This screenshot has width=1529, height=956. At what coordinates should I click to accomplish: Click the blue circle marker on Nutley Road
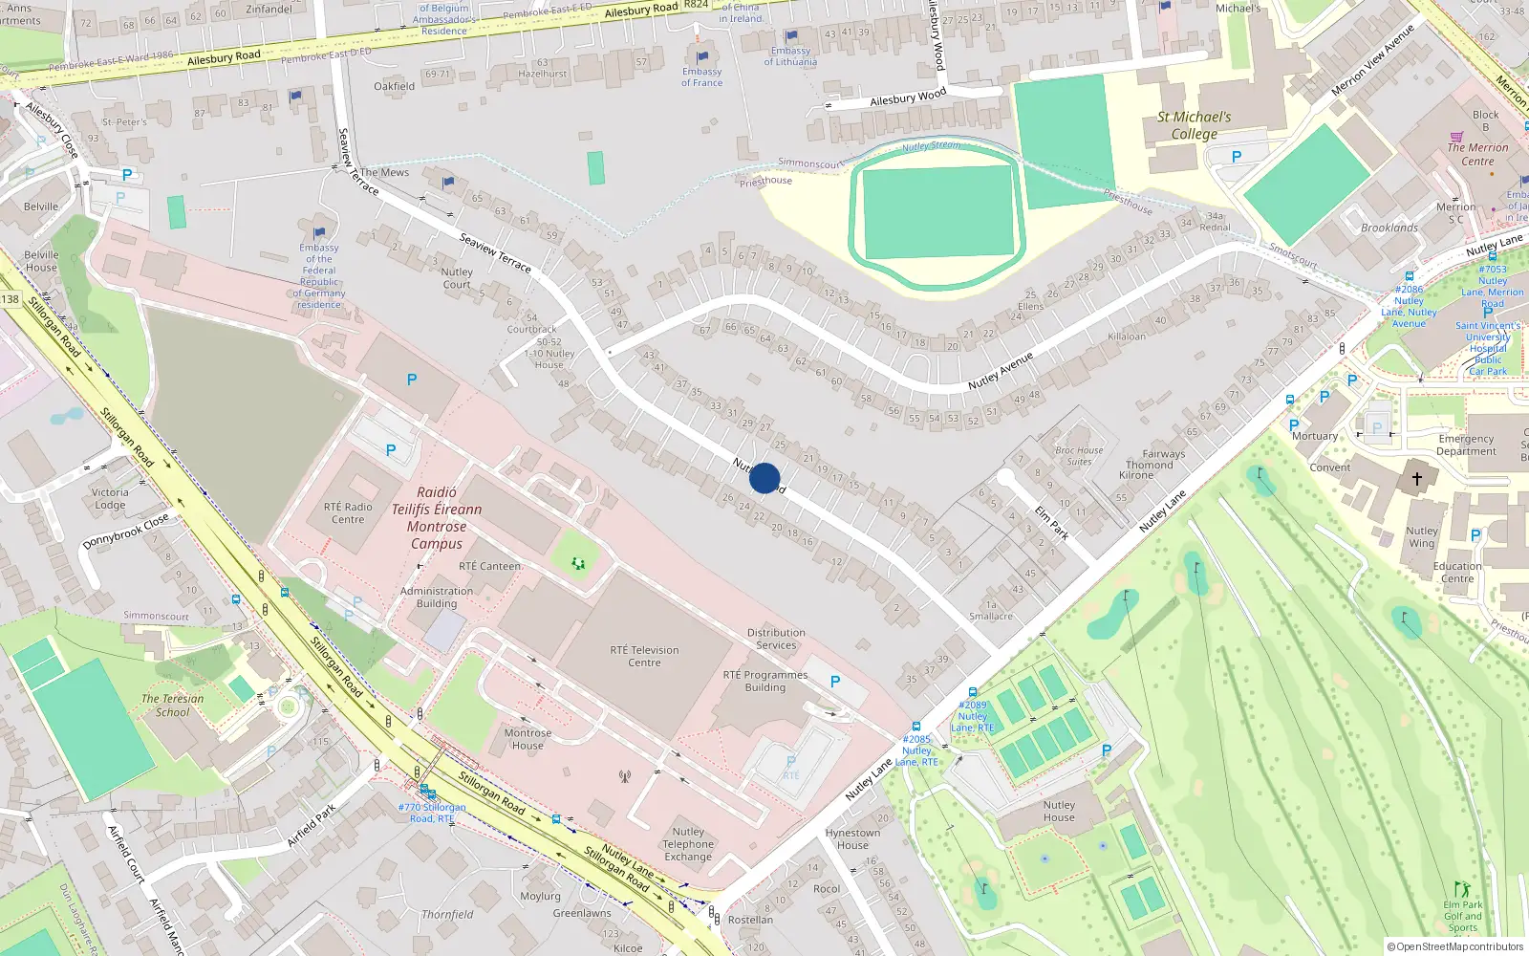pos(764,478)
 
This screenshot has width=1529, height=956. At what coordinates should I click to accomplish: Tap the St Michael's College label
pos(1195,125)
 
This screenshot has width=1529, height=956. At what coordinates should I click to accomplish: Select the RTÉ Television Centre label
pos(644,656)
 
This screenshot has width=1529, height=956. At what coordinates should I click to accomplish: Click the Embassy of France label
pos(702,76)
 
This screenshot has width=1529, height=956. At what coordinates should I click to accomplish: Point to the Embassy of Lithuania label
pos(790,56)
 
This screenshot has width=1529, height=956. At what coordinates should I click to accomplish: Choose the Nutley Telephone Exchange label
pos(688,844)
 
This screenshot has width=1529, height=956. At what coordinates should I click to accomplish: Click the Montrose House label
pos(528,739)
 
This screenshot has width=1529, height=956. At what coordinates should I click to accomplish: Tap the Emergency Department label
pos(1466,445)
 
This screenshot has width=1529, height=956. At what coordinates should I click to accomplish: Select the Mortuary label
pos(1315,436)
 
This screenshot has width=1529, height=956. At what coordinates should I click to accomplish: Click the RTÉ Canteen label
pos(489,566)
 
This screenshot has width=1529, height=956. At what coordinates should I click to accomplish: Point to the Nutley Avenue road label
pos(1001,370)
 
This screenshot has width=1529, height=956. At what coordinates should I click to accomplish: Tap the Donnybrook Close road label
pos(125,531)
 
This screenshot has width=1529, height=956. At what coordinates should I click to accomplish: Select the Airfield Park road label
pos(312,825)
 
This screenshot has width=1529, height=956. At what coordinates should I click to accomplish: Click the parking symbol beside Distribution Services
pos(835,682)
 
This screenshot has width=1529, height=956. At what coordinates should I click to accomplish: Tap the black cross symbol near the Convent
pos(1416,478)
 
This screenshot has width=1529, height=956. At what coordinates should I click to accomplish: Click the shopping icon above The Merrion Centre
pos(1456,137)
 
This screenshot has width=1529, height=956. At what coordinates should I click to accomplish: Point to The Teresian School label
pos(173,706)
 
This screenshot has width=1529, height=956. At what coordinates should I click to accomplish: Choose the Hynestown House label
pos(852,838)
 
